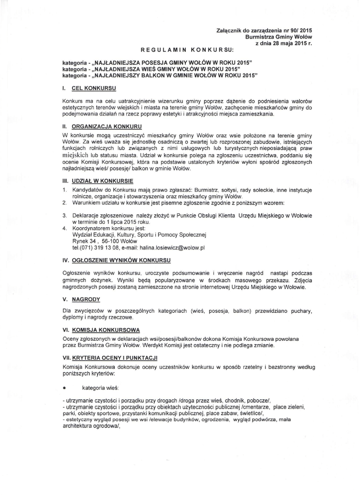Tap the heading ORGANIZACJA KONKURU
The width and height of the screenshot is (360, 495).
coord(100,126)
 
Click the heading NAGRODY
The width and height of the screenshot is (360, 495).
coord(86,299)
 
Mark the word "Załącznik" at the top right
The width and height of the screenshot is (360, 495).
coord(232,30)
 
